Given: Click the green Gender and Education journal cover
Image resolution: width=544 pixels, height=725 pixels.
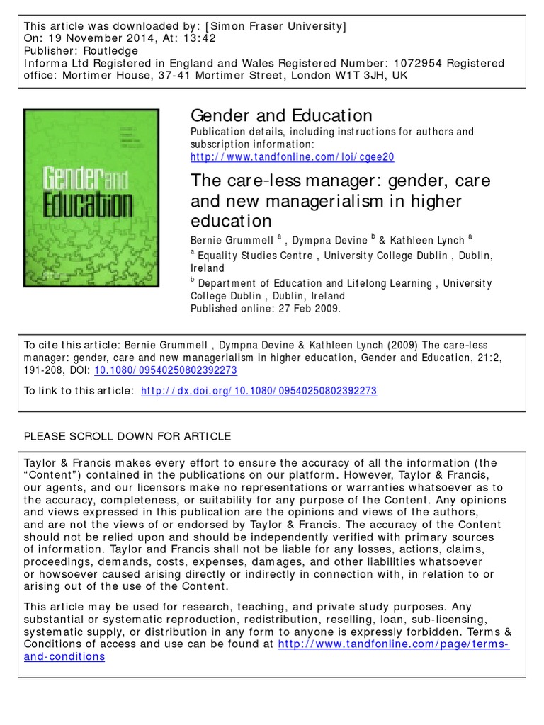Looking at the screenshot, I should [x=91, y=198].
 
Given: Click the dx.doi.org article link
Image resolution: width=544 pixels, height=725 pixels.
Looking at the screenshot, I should [x=259, y=391].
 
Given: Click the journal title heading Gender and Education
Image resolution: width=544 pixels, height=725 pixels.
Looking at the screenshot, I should [x=281, y=115].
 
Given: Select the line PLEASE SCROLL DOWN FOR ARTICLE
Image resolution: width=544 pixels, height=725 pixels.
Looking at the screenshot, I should [x=127, y=436].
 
